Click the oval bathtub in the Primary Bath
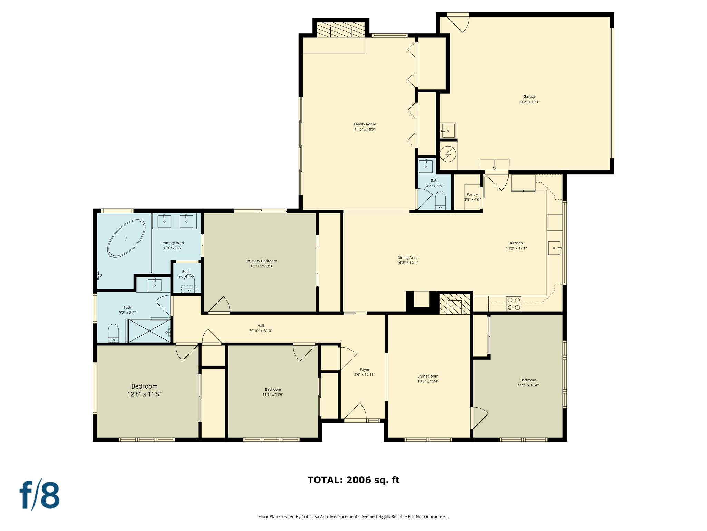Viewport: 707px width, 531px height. point(126,239)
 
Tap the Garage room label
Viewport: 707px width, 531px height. point(529,97)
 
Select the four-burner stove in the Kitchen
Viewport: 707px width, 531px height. point(513,304)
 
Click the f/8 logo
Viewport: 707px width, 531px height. point(40,495)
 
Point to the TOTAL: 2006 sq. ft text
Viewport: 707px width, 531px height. point(353,480)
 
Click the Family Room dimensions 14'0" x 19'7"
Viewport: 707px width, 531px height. point(365,130)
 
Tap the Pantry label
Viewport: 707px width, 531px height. point(472,194)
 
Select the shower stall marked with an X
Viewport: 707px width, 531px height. point(149,331)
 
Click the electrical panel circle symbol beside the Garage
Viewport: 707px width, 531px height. point(448,154)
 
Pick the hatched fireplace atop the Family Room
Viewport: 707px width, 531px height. point(340,30)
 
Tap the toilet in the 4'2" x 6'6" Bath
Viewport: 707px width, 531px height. point(440,201)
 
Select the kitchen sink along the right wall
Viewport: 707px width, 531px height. point(554,248)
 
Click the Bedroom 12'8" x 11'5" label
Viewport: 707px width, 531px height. point(144,390)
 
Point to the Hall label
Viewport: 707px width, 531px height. point(261,325)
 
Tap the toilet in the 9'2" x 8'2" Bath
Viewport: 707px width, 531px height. point(113,333)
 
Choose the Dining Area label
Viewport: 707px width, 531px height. point(407,258)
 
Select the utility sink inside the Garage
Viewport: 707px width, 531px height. point(448,131)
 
